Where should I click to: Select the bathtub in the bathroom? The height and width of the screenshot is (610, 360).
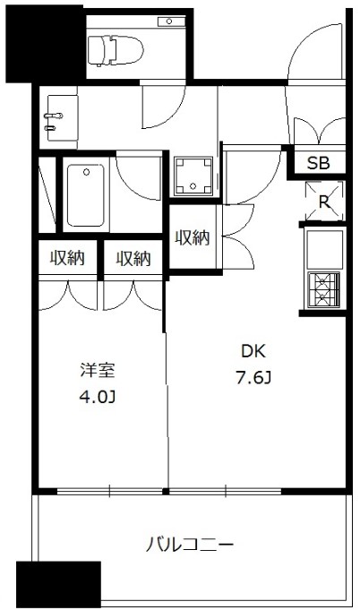(x=85, y=194)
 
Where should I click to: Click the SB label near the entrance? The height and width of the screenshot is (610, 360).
(x=318, y=163)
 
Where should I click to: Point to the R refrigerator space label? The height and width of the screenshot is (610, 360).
(x=323, y=202)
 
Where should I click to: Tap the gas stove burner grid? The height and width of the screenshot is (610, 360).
(x=324, y=288)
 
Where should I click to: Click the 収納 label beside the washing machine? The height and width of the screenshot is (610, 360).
(x=192, y=237)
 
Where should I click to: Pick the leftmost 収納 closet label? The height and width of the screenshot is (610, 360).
(x=67, y=259)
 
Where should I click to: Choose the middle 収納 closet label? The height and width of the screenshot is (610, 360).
(x=133, y=259)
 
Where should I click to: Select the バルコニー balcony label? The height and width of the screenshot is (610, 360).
(x=191, y=544)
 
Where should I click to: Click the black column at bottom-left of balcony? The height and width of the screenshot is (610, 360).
(x=58, y=585)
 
